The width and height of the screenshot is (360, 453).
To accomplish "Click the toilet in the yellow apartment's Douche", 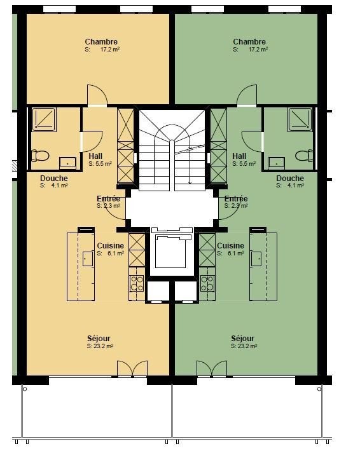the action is [x=40, y=156].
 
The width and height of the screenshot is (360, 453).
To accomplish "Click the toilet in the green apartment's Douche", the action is [x=304, y=156].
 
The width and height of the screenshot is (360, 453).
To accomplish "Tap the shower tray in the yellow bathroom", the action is [x=44, y=119].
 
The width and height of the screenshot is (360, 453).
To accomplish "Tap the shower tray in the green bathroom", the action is [x=300, y=119].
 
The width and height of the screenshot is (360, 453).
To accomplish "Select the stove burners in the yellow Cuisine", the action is [x=137, y=283].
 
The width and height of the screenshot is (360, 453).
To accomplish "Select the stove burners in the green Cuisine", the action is [x=207, y=283].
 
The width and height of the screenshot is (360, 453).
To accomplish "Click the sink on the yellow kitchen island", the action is [x=88, y=259].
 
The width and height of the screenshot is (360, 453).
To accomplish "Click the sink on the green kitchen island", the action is [x=256, y=259].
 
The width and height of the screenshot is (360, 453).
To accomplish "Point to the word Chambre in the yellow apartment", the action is [x=101, y=42].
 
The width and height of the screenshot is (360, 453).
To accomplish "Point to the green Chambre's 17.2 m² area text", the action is [x=258, y=50].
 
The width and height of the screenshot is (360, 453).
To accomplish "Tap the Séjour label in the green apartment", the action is [x=242, y=338].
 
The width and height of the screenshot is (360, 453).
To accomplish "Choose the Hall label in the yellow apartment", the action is [x=95, y=156].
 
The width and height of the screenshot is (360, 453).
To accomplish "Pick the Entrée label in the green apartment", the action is [x=236, y=199].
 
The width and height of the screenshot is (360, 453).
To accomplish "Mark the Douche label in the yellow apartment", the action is [x=54, y=179].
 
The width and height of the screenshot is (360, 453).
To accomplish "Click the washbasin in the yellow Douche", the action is [x=67, y=163].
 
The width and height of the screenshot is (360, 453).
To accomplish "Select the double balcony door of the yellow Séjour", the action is [x=132, y=368].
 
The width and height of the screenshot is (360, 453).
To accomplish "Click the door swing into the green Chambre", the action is [x=247, y=95].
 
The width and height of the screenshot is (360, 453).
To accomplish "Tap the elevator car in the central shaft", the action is [x=170, y=252].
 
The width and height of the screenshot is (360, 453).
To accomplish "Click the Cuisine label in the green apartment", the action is [x=230, y=246].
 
